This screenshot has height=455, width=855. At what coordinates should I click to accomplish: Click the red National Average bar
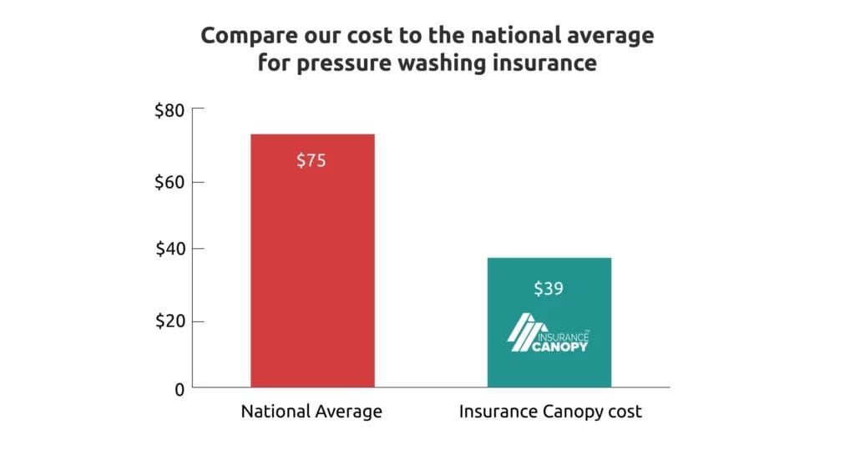pyautogui.click(x=312, y=267)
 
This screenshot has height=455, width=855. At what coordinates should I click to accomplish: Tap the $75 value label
pyautogui.click(x=311, y=161)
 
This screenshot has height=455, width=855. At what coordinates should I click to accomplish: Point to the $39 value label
pyautogui.click(x=549, y=290)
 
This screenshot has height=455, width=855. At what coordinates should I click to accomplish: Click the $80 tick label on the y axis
pyautogui.click(x=169, y=110)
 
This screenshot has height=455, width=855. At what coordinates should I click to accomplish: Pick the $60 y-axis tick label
pyautogui.click(x=169, y=182)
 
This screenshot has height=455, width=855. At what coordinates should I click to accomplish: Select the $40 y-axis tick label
pyautogui.click(x=169, y=249)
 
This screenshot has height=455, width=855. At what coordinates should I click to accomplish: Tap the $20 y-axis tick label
pyautogui.click(x=169, y=321)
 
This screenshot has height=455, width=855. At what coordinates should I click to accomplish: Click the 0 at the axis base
pyautogui.click(x=179, y=389)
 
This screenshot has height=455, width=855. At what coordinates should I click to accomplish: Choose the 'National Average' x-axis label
pyautogui.click(x=311, y=412)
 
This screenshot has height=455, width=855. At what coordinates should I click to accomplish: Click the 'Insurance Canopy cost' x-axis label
pyautogui.click(x=549, y=412)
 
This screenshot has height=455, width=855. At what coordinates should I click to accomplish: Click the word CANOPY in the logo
pyautogui.click(x=560, y=345)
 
